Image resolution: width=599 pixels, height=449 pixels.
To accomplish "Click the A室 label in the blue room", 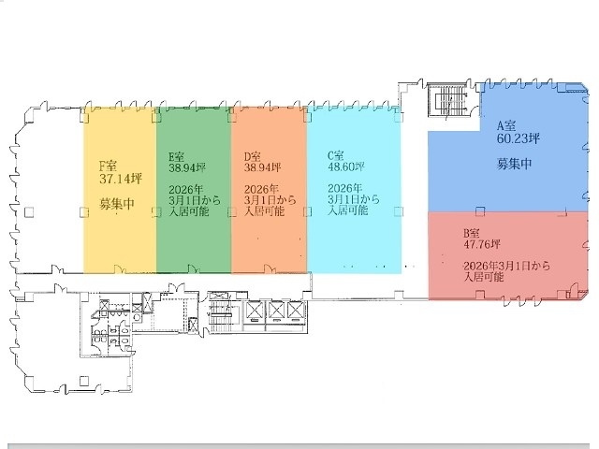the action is click(506, 125).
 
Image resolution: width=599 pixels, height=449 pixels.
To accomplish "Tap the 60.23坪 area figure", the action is click(519, 138).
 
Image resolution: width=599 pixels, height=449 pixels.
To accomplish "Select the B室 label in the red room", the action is click(471, 233).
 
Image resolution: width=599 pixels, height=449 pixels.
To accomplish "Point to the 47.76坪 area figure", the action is click(482, 244).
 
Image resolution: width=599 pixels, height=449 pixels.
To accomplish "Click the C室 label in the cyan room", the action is click(336, 155).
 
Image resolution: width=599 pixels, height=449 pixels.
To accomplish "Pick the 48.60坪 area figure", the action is click(346, 167).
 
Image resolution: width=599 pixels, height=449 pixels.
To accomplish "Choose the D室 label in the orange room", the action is click(253, 156).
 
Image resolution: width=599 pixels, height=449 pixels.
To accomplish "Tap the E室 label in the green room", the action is click(177, 156).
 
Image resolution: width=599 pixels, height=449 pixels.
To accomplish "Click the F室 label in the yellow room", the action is click(109, 167).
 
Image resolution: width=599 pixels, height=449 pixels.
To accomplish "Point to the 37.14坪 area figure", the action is click(121, 179).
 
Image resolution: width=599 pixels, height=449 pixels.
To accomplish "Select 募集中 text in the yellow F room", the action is click(117, 204).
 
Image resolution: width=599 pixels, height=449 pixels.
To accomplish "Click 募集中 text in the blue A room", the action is click(514, 164).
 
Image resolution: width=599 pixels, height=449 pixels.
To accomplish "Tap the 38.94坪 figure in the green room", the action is click(187, 168).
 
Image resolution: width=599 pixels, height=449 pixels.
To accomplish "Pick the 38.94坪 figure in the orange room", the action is click(262, 168).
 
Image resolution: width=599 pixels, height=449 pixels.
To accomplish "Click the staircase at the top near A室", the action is click(447, 100).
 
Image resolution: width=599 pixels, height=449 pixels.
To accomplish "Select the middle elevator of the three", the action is click(275, 311).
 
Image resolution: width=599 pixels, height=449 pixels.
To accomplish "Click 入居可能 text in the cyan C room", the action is click(347, 210).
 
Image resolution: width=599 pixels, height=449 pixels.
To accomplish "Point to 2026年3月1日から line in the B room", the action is click(506, 266).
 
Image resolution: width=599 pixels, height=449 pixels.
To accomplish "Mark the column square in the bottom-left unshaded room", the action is click(84, 381).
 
